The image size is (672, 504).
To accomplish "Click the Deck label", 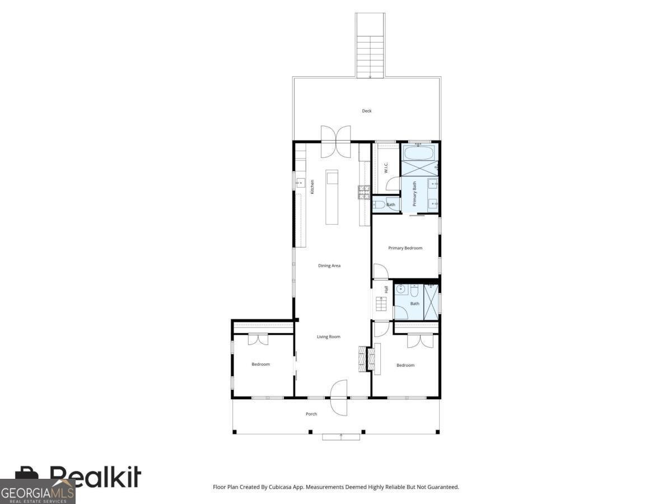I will (x=367, y=111).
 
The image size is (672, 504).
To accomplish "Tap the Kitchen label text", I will (x=312, y=186).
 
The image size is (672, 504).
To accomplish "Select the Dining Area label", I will (x=329, y=265).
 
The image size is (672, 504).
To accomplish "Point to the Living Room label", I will (x=329, y=337).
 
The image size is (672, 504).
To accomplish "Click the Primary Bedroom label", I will (x=405, y=248).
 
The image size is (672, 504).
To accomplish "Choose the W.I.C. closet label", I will (x=386, y=168).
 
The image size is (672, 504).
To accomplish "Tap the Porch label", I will (x=311, y=414).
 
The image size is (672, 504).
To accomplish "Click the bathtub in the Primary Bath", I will (x=419, y=153).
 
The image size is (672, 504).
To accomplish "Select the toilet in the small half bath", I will (x=378, y=204).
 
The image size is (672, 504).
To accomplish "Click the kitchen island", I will (x=333, y=197).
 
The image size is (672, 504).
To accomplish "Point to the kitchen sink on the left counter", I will (x=300, y=183).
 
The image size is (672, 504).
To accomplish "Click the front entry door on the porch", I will (x=339, y=398).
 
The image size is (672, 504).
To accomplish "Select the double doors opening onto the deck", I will (x=335, y=141).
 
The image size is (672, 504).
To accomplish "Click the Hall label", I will (x=386, y=290).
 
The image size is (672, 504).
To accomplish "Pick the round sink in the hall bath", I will (x=401, y=289).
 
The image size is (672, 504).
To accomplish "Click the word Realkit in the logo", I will (x=95, y=477).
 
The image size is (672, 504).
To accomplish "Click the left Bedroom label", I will (x=260, y=364).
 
